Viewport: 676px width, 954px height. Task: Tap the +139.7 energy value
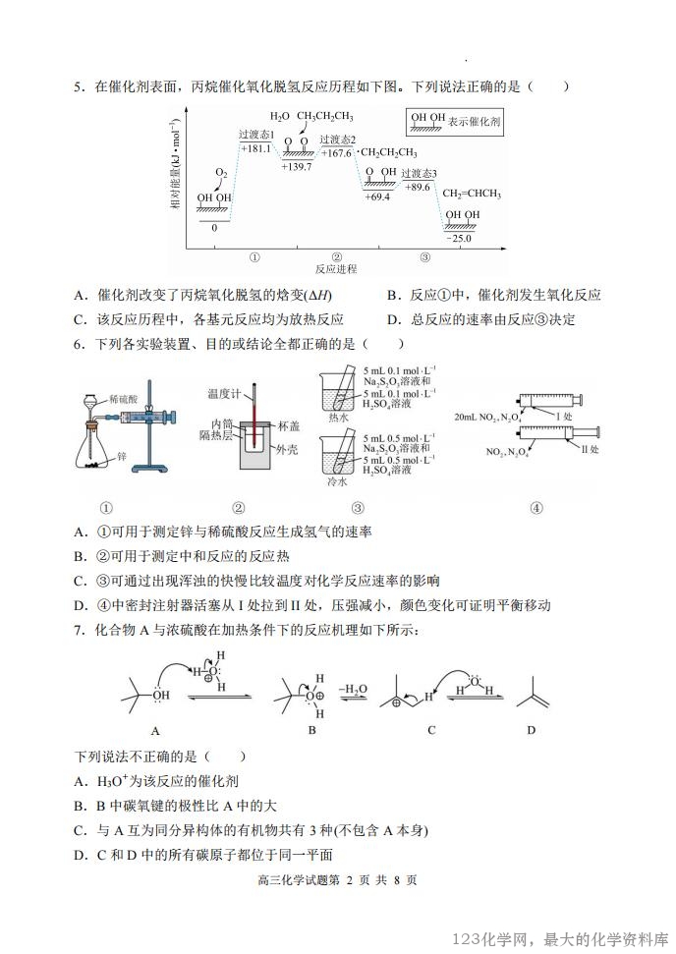point(296,167)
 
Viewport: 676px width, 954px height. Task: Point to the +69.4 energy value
point(376,196)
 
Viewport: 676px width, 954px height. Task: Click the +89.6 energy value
point(417,187)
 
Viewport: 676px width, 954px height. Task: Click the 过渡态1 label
point(256,135)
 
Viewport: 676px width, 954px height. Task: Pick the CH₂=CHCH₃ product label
point(472,194)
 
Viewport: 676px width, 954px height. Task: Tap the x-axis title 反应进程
point(336,268)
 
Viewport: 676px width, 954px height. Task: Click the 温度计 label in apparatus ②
point(223,394)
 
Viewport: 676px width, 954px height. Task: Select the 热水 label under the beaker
point(338,417)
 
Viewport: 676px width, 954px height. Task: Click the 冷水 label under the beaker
point(338,482)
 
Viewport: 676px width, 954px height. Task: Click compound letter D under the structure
point(531,730)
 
